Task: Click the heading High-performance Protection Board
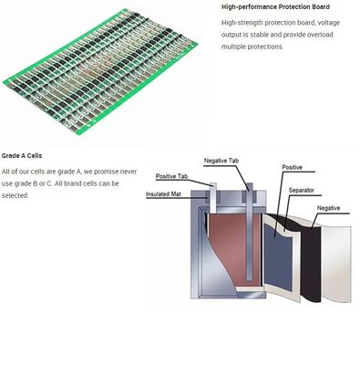(275, 6)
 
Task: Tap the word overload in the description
(318, 35)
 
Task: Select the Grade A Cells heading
(22, 156)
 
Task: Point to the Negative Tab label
(221, 161)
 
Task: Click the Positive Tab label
(171, 176)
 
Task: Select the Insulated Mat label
(163, 194)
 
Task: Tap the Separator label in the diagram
(301, 191)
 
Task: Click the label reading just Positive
(292, 167)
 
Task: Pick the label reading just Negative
(328, 208)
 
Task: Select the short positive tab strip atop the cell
(213, 198)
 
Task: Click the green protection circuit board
(100, 72)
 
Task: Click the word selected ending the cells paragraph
(15, 195)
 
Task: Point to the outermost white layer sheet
(336, 264)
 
